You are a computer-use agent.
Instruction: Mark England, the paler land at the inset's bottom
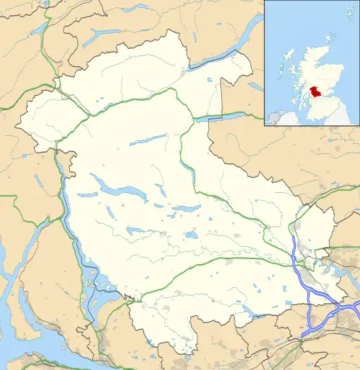(x=338, y=119)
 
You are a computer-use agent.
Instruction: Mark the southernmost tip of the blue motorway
(x=306, y=335)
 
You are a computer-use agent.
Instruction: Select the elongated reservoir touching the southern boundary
(x=248, y=310)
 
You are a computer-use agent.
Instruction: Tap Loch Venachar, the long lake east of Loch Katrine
(x=186, y=208)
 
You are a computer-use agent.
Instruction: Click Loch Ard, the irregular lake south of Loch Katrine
(x=135, y=230)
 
